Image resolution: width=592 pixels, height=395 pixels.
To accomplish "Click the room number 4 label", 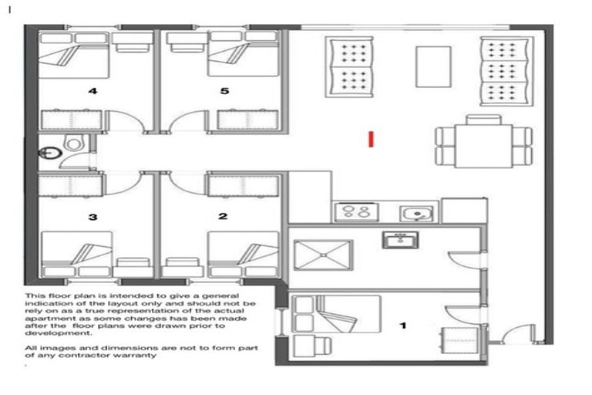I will coord(92,91).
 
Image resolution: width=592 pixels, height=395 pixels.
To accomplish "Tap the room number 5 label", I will coord(224,91).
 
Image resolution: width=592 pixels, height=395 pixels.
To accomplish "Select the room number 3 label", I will coord(92,217).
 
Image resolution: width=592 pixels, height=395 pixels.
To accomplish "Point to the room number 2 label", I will coord(223,217).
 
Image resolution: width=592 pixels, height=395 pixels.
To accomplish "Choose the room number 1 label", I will coord(402,326).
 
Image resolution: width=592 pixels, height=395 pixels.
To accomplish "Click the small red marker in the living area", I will coord(372,139).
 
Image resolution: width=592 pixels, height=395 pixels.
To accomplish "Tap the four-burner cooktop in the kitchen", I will coord(352,211).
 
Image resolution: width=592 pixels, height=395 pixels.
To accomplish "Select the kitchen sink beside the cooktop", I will coord(415,211).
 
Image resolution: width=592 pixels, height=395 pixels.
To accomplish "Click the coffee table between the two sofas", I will coord(433,66).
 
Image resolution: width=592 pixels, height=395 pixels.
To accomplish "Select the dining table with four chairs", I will coord(483,141).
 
